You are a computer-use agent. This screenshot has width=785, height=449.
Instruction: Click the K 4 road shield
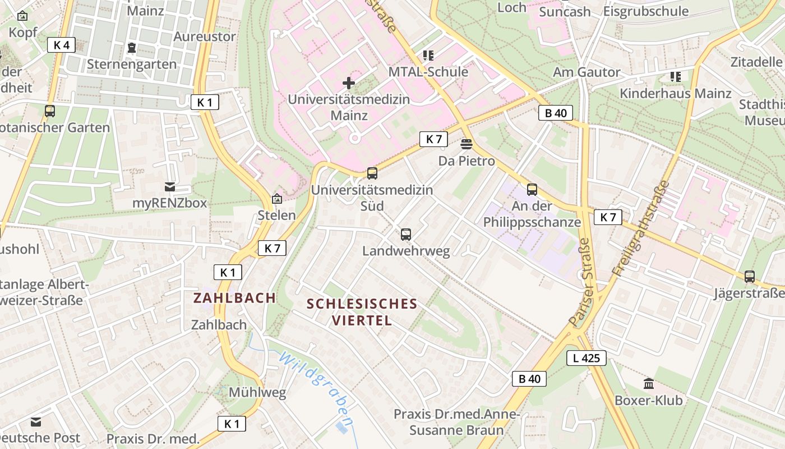61,45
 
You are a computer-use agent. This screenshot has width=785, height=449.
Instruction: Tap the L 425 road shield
586,358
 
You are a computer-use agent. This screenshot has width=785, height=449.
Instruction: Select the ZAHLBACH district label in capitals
235,297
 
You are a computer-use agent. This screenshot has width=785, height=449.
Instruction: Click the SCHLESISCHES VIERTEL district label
362,312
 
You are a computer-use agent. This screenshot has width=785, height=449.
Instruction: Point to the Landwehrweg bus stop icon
406,235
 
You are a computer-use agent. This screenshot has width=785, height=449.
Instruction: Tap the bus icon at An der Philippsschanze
532,190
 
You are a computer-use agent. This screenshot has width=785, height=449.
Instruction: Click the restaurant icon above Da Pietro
466,144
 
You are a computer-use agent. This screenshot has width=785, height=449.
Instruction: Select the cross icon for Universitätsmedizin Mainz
348,84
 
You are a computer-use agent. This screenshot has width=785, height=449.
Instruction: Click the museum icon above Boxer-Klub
649,384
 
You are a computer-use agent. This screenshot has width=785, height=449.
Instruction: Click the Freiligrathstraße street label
641,227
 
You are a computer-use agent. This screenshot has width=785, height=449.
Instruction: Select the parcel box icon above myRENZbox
169,187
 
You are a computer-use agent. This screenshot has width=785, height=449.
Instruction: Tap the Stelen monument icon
276,199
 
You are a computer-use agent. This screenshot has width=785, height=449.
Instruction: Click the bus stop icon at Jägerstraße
749,276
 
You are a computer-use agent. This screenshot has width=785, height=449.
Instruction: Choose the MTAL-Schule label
428,72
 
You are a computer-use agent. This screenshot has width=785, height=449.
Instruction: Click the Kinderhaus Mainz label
675,93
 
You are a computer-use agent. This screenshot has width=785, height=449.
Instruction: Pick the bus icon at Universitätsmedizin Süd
372,173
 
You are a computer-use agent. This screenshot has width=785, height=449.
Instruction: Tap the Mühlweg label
257,392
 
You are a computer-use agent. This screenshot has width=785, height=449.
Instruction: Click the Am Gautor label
586,72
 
